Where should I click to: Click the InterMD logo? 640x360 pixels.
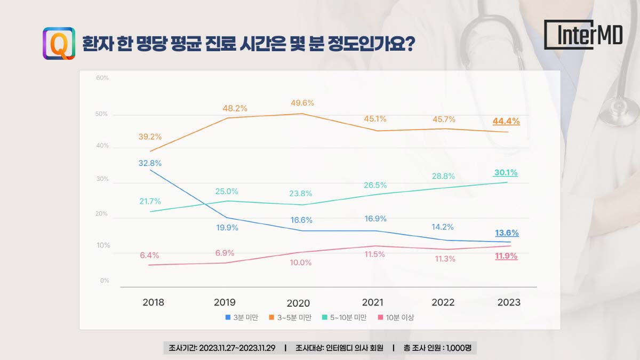pos(583,35)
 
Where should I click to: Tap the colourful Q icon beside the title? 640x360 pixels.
pos(59,43)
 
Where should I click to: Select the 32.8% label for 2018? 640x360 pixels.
pos(150,163)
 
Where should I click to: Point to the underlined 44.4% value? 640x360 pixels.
pos(506,121)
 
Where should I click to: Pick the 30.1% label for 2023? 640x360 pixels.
pos(506,173)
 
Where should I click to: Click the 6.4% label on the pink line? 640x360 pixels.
pos(150,255)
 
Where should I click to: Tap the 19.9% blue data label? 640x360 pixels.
pos(227,228)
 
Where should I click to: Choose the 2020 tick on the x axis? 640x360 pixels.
pos(298,303)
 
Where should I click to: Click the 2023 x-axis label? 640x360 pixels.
pos(509,302)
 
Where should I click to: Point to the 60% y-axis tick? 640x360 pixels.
pos(102,78)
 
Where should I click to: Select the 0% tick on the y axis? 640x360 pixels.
pos(105,281)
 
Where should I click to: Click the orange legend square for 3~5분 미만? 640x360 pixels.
pos(272,317)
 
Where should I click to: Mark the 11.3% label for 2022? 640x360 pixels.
pos(445,259)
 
